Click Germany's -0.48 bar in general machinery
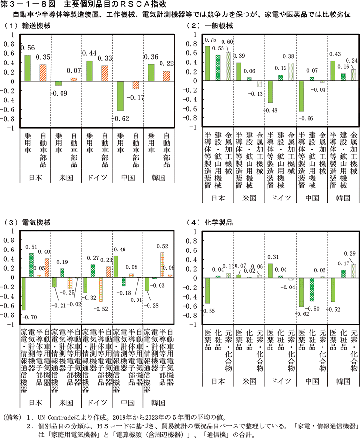[x=270, y=92]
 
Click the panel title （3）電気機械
[x=24, y=223]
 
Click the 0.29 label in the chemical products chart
[x=353, y=253]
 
